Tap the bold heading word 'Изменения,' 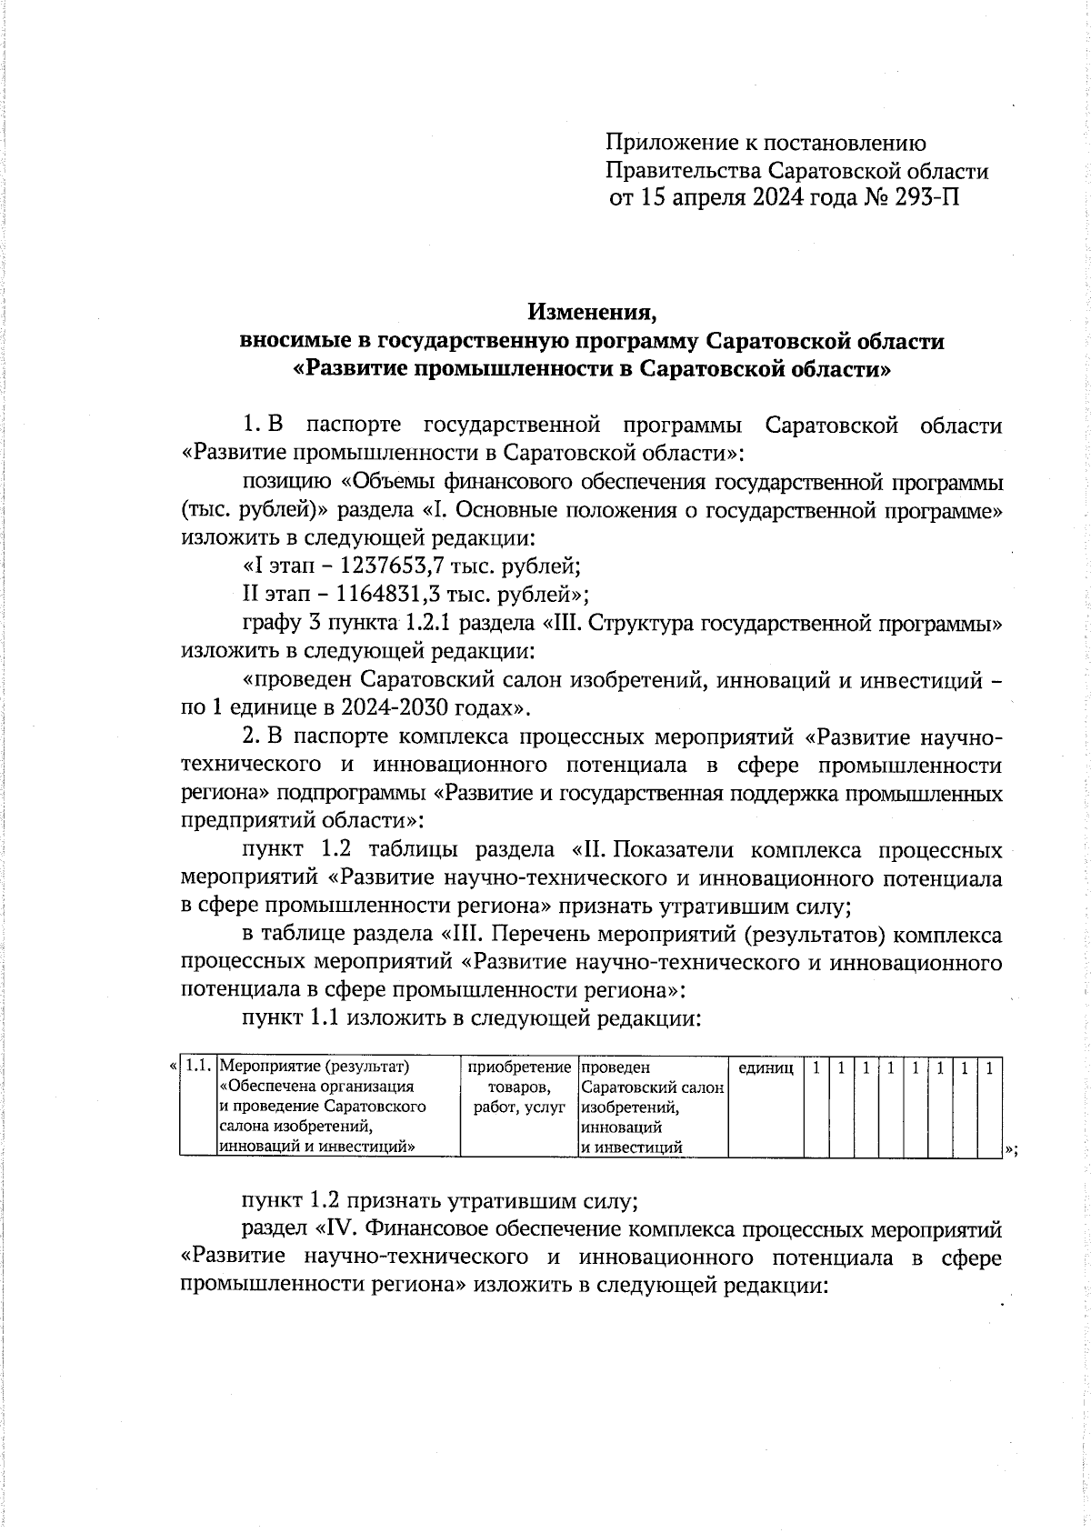[592, 313]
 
